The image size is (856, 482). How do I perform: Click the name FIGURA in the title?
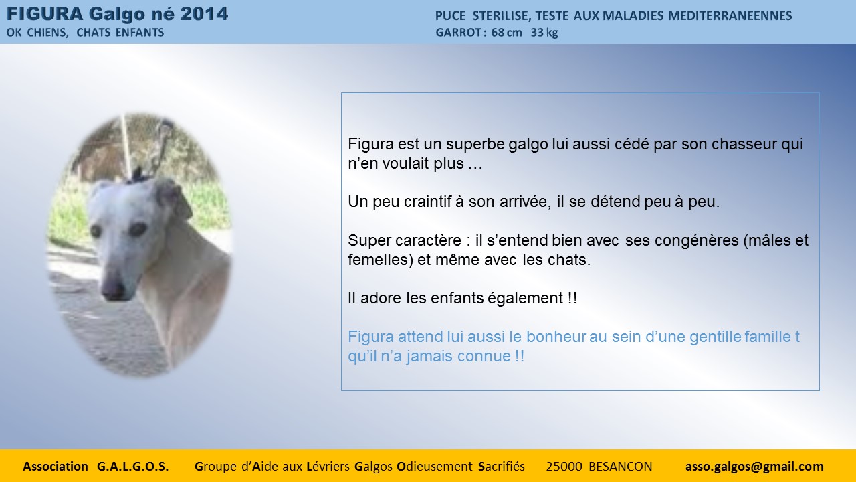click(x=45, y=14)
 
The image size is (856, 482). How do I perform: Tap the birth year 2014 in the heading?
click(x=204, y=14)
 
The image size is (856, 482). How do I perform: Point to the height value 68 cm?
click(x=506, y=33)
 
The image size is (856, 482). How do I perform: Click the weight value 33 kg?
click(x=544, y=33)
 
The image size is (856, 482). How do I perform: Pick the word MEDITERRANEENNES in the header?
click(x=730, y=15)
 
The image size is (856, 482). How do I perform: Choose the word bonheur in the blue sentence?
click(x=556, y=337)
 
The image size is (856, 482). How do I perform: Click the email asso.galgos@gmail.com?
click(x=754, y=467)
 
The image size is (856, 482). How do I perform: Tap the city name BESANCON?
click(x=620, y=467)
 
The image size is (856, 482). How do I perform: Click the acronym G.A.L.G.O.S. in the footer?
click(x=132, y=467)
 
